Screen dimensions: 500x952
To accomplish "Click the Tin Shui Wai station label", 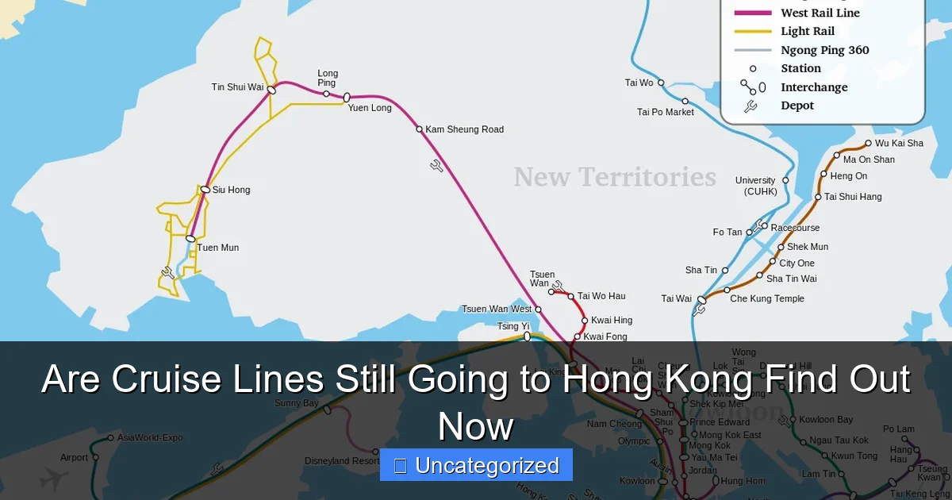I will pyautogui.click(x=238, y=87).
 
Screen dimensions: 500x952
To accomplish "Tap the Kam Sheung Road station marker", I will pyautogui.click(x=420, y=129).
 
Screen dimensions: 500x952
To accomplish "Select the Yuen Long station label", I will pyautogui.click(x=370, y=108).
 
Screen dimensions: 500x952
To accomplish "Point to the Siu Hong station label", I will pyautogui.click(x=231, y=190).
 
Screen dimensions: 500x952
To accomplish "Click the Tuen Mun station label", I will pyautogui.click(x=218, y=248).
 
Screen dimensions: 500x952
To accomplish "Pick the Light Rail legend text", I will pyautogui.click(x=808, y=32).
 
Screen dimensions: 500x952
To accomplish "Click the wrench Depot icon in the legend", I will pyautogui.click(x=750, y=106).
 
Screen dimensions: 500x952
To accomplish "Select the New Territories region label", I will pyautogui.click(x=615, y=177).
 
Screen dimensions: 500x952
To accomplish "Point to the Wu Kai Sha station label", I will pyautogui.click(x=899, y=144).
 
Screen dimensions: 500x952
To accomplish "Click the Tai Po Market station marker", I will pyautogui.click(x=685, y=102).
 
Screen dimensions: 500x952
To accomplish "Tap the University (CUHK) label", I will pyautogui.click(x=755, y=186).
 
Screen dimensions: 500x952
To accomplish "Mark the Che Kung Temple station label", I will pyautogui.click(x=767, y=298).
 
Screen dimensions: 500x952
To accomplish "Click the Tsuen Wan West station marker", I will pyautogui.click(x=538, y=310).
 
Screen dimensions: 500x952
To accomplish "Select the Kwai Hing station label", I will pyautogui.click(x=612, y=321).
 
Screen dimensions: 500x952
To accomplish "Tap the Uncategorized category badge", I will pyautogui.click(x=476, y=466).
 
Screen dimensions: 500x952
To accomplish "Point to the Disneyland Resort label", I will pyautogui.click(x=342, y=461).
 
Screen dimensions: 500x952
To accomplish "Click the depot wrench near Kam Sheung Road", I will pyautogui.click(x=437, y=166).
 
